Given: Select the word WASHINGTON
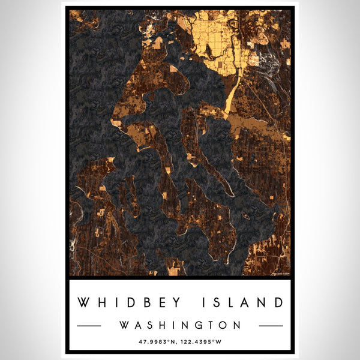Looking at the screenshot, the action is [180, 325].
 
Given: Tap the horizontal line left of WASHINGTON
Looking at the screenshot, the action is [89, 326].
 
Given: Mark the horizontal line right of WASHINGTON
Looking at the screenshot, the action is [271, 326].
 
